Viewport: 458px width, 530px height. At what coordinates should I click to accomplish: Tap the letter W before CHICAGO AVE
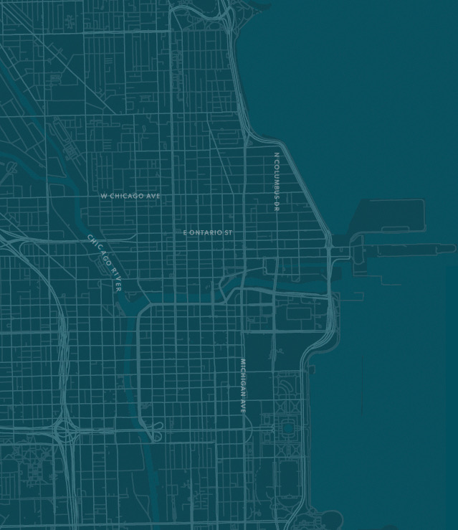[103, 196]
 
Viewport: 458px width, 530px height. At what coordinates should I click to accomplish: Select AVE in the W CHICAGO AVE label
[153, 196]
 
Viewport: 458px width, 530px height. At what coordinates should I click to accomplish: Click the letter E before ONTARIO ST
[185, 233]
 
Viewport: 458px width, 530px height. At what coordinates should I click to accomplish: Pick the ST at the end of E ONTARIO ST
[227, 233]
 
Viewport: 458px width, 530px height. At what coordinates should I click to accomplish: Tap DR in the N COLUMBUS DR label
[277, 206]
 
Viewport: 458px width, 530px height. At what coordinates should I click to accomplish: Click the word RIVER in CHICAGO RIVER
[115, 278]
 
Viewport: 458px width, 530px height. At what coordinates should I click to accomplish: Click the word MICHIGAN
[243, 377]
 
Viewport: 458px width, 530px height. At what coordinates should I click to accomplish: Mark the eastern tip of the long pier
[453, 249]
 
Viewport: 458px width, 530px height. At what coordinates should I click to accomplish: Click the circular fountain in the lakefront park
[288, 428]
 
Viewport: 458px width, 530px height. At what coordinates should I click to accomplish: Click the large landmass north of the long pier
[391, 216]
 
